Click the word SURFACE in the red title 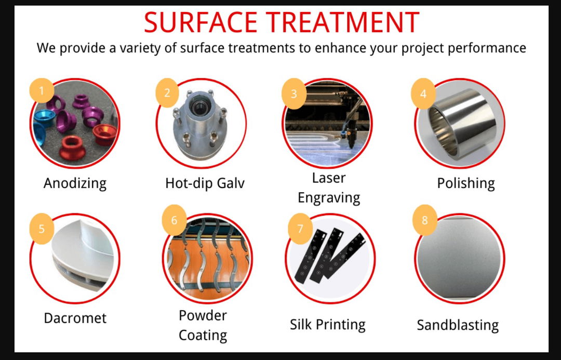(201, 22)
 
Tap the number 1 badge (42, 90)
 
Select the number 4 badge (423, 94)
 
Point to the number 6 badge (174, 220)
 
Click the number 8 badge (425, 220)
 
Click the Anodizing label (75, 183)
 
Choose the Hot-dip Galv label (205, 183)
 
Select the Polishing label (466, 183)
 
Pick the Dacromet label (75, 318)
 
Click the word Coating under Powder (203, 336)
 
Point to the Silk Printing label (328, 325)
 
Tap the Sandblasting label (458, 325)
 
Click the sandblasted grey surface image (459, 258)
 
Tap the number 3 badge (293, 94)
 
